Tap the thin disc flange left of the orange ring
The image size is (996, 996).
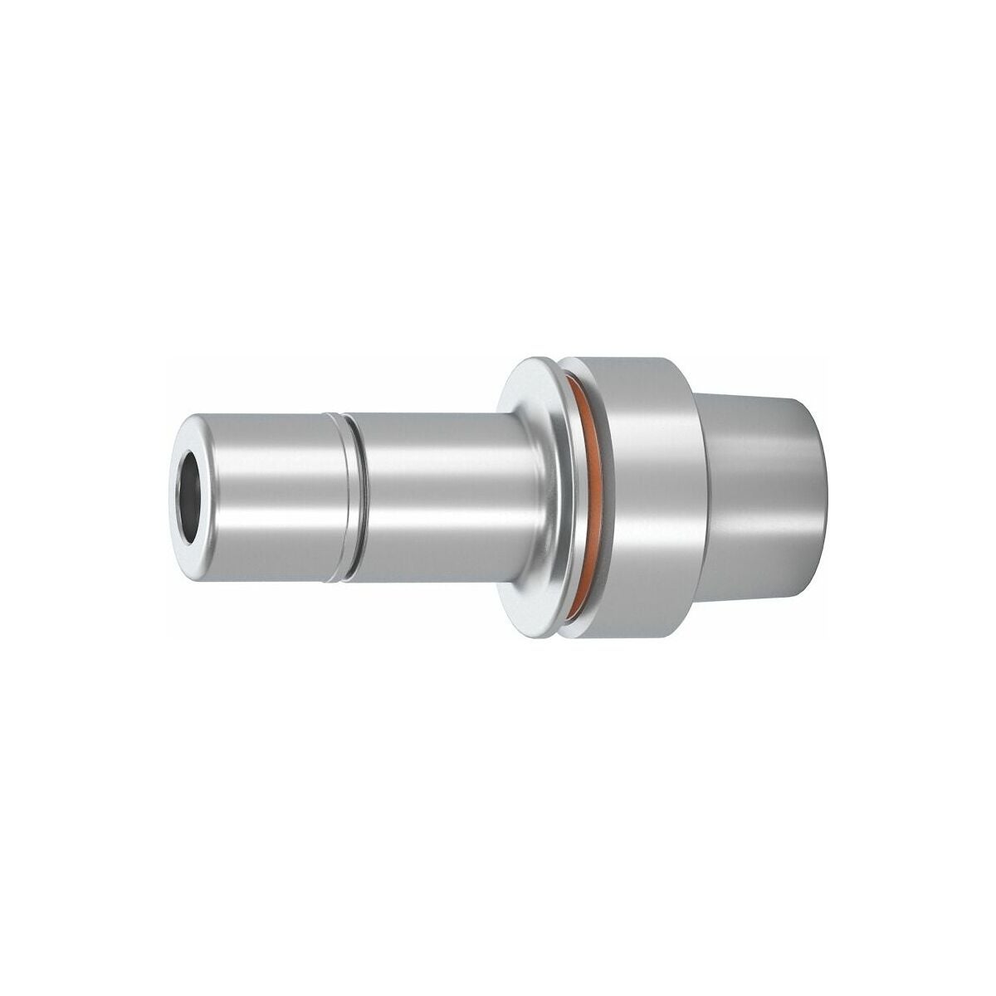pos(539,498)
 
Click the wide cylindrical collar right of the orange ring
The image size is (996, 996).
pos(639,498)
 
